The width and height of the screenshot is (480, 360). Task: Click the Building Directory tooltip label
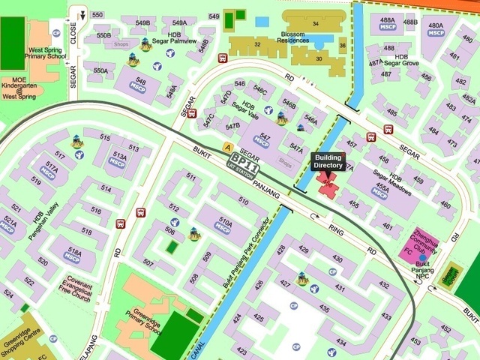[327, 160]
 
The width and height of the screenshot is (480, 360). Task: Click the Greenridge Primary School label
[143, 321]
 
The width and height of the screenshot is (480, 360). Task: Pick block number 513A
[118, 159]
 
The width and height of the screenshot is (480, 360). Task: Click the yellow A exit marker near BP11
[228, 146]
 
